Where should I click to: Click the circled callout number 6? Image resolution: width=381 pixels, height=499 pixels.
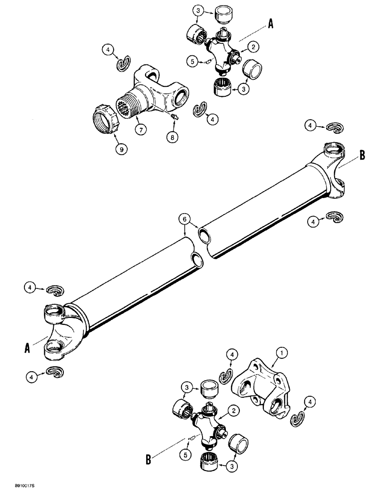184,218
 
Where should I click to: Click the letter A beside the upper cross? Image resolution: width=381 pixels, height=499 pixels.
270,24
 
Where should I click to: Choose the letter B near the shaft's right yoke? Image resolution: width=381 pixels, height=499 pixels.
363,156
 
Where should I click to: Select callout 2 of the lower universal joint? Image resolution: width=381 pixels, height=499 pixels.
232,411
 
